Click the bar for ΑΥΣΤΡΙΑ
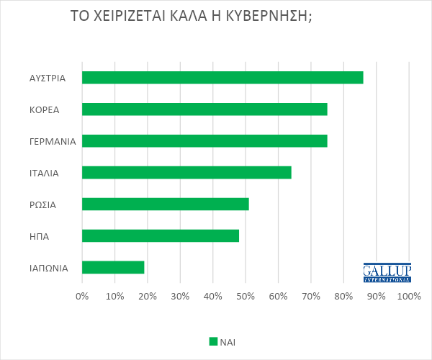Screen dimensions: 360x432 [x=222, y=78]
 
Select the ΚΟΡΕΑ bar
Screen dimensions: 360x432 [x=204, y=109]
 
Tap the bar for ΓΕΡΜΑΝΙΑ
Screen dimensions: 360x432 [x=204, y=141]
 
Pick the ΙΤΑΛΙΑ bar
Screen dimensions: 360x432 [x=186, y=172]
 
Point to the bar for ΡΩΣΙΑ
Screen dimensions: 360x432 [x=166, y=204]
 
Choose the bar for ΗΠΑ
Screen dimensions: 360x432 [x=161, y=235]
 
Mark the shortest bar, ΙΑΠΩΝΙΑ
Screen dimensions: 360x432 [x=113, y=267]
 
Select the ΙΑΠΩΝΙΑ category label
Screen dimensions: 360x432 [x=49, y=268]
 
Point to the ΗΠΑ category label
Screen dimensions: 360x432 [x=40, y=236]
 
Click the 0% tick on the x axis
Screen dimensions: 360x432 [x=82, y=296]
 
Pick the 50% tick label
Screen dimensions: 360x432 [x=246, y=296]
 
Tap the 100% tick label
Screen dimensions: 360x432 [x=409, y=296]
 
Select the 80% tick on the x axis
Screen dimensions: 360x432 [x=343, y=296]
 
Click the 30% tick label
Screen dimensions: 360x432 [x=180, y=296]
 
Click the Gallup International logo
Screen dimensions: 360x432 [x=387, y=272]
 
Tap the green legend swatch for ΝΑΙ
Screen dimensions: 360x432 [x=212, y=341]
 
